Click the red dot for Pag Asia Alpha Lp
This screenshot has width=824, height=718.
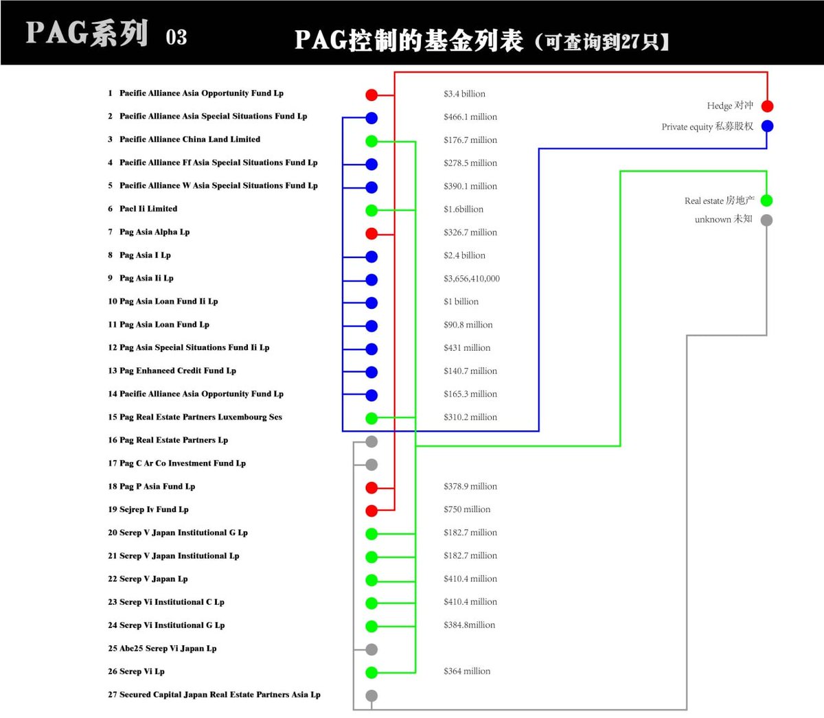[x=371, y=233]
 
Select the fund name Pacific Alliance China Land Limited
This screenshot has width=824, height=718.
[x=190, y=139]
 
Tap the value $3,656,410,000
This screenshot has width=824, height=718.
[x=472, y=279]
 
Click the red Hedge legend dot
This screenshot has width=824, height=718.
[x=767, y=106]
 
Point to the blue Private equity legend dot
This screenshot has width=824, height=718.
[x=767, y=126]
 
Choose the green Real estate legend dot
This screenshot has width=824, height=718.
[x=766, y=200]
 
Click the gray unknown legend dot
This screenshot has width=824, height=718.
[x=766, y=220]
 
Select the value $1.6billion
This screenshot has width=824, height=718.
[x=463, y=209]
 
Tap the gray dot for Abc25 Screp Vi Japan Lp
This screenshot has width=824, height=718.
[x=371, y=649]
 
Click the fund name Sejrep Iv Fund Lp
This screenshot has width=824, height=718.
[x=154, y=509]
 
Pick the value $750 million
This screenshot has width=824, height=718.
[x=467, y=509]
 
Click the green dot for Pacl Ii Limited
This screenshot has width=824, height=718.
[x=371, y=210]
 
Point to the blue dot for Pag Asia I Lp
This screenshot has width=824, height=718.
[x=371, y=257]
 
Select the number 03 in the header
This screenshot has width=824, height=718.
[x=176, y=37]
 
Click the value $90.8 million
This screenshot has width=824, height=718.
[x=468, y=325]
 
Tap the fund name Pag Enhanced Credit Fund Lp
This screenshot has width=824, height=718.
[x=177, y=371]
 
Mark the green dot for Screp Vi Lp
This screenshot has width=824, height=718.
[x=371, y=673]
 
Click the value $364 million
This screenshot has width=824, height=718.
[x=467, y=671]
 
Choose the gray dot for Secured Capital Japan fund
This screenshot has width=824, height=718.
[x=371, y=696]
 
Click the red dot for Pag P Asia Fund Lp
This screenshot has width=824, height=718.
[x=371, y=487]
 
